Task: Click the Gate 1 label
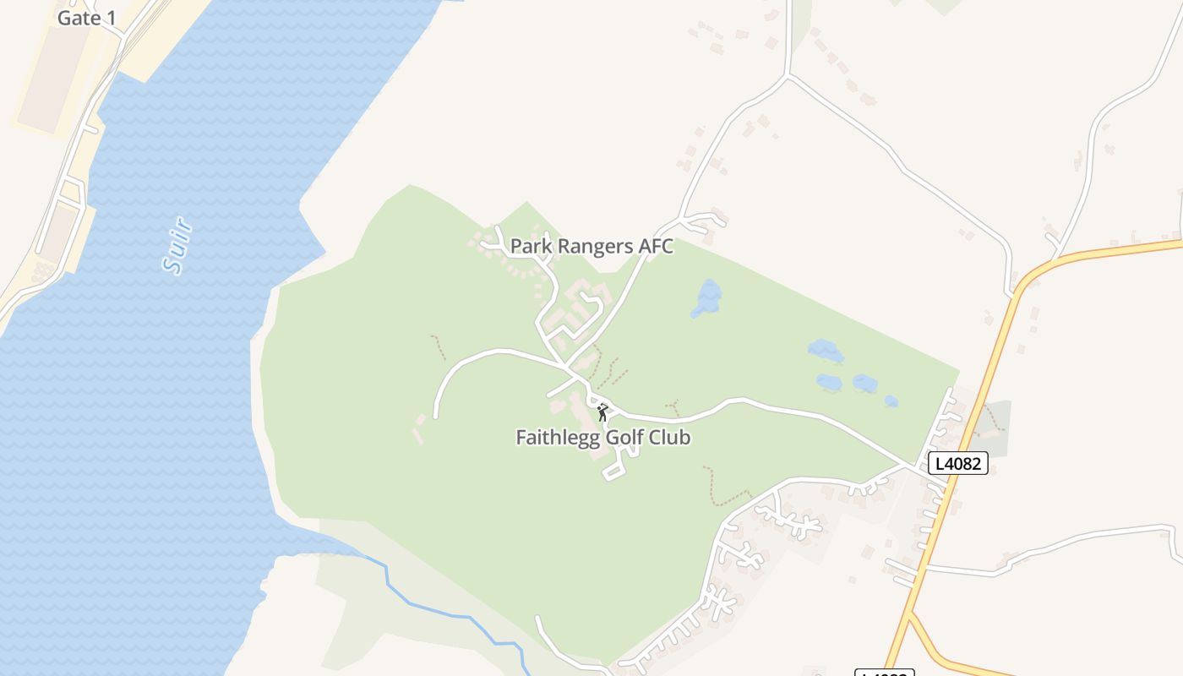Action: click(86, 18)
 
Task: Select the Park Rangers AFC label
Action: click(591, 247)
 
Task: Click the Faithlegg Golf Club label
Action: click(602, 438)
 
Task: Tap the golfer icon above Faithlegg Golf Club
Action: click(602, 412)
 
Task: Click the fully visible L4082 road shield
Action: click(958, 463)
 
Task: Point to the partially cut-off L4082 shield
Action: click(885, 673)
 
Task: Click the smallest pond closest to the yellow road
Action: click(891, 401)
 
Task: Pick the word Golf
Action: click(626, 438)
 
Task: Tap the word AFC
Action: click(654, 247)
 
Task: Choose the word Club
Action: click(670, 438)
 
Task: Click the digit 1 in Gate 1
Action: click(111, 18)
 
